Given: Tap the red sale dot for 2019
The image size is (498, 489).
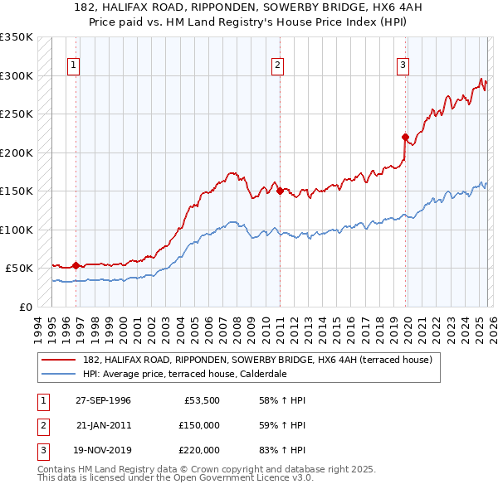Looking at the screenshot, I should click(405, 138).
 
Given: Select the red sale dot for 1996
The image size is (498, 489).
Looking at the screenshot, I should click(76, 266).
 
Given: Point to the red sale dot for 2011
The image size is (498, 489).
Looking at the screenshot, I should click(280, 191).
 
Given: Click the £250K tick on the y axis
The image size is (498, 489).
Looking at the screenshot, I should click(17, 114).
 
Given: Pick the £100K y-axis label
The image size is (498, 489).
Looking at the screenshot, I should click(17, 230).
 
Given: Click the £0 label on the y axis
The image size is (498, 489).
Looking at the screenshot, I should click(24, 307).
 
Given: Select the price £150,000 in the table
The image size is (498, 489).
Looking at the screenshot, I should click(198, 425).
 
